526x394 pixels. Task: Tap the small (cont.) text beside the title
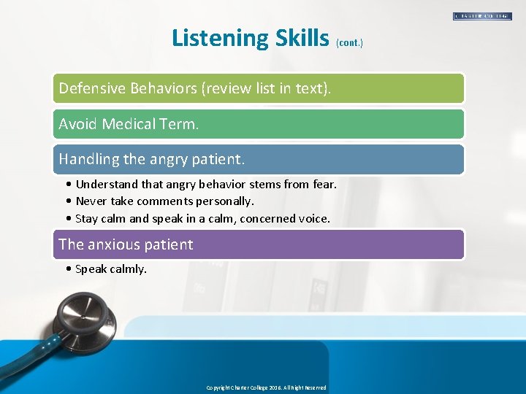[x=349, y=43]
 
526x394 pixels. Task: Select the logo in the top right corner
[x=482, y=16]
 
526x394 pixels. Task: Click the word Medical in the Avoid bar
[x=133, y=124]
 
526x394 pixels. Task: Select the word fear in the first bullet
[x=322, y=184]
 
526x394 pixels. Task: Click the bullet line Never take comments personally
[x=164, y=201]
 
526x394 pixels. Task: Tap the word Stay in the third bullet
[x=87, y=218]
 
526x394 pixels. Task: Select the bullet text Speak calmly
[x=110, y=269]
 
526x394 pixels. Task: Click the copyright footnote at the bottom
[x=266, y=387]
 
